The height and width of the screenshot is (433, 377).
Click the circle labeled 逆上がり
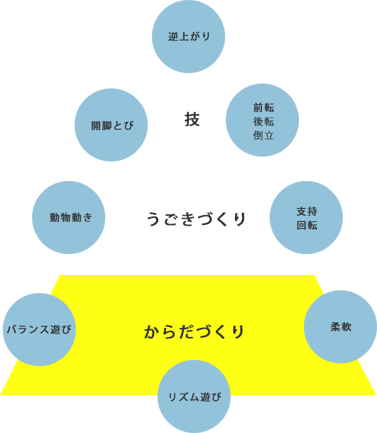[188, 36]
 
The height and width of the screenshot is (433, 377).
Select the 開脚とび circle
[111, 125]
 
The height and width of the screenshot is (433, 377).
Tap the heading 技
[192, 120]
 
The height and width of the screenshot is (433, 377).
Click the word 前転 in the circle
[263, 108]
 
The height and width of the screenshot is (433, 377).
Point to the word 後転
[263, 122]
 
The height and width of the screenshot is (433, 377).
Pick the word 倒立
[263, 135]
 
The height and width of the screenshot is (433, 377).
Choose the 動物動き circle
[68, 218]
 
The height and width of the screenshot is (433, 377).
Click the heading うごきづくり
[197, 219]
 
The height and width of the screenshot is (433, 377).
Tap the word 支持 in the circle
[307, 212]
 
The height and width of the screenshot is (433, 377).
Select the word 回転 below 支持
[307, 226]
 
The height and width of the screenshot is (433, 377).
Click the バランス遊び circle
[39, 329]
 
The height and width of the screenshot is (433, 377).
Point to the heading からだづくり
[194, 331]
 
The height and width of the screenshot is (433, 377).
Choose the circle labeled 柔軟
[340, 326]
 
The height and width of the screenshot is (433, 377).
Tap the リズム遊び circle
[194, 397]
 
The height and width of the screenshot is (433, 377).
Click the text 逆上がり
[190, 36]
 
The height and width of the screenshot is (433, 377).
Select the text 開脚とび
[112, 125]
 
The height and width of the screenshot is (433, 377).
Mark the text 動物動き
[71, 218]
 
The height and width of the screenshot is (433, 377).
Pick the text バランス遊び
[39, 329]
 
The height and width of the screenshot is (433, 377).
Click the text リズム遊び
[195, 397]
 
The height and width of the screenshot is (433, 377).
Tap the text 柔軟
[341, 327]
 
